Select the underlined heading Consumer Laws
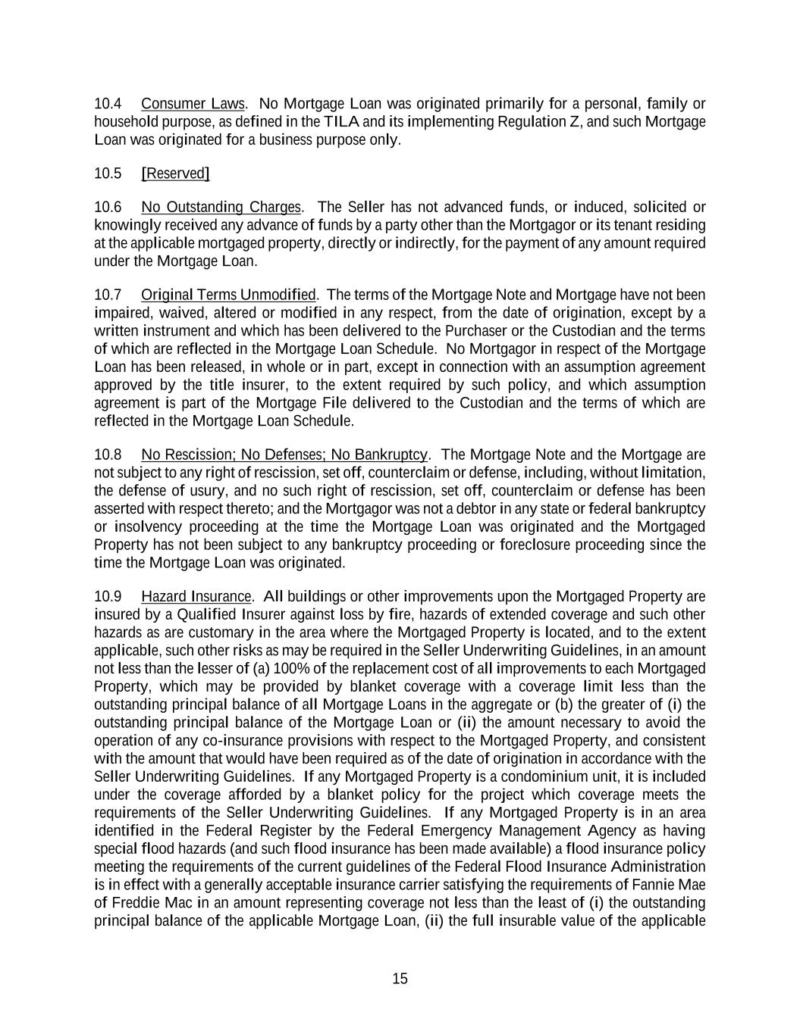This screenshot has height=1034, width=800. click(193, 104)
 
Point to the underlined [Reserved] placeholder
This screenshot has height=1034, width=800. click(175, 173)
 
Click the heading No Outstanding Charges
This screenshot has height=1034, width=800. click(221, 208)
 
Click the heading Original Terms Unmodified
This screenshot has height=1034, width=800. click(228, 295)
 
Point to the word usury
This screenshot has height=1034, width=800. click(220, 491)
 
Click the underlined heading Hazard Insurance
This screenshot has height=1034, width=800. click(196, 596)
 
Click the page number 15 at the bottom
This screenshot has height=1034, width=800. click(400, 979)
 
